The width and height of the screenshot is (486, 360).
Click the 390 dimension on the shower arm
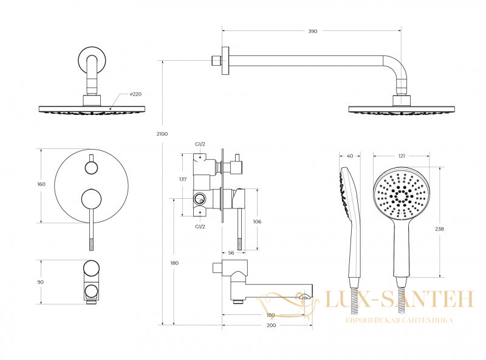tap(313, 31)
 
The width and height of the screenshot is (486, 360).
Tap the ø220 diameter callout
tap(135, 94)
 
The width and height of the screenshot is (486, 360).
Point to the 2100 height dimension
tap(162, 134)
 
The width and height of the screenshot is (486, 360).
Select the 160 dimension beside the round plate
tap(41, 184)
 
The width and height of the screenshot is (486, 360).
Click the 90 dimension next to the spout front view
tap(40, 282)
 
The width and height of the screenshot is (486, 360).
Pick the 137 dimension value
tap(183, 179)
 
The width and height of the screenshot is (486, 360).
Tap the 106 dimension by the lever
tap(257, 221)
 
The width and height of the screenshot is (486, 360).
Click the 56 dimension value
tap(231, 253)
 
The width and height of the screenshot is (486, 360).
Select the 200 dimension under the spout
tap(271, 325)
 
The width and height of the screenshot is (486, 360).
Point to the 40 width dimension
tap(350, 156)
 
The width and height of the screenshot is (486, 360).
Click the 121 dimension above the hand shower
tap(402, 156)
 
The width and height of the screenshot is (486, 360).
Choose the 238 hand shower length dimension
tap(439, 229)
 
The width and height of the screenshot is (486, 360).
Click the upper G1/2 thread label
tap(200, 144)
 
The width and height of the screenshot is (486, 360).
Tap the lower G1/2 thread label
tap(200, 227)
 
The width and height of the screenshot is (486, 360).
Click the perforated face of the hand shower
tap(402, 194)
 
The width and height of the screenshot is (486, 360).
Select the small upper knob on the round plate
tap(92, 168)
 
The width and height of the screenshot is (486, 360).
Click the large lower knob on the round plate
tap(91, 198)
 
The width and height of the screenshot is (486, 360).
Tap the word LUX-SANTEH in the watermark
tap(399, 299)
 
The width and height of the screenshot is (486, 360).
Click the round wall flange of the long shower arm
tap(225, 61)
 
